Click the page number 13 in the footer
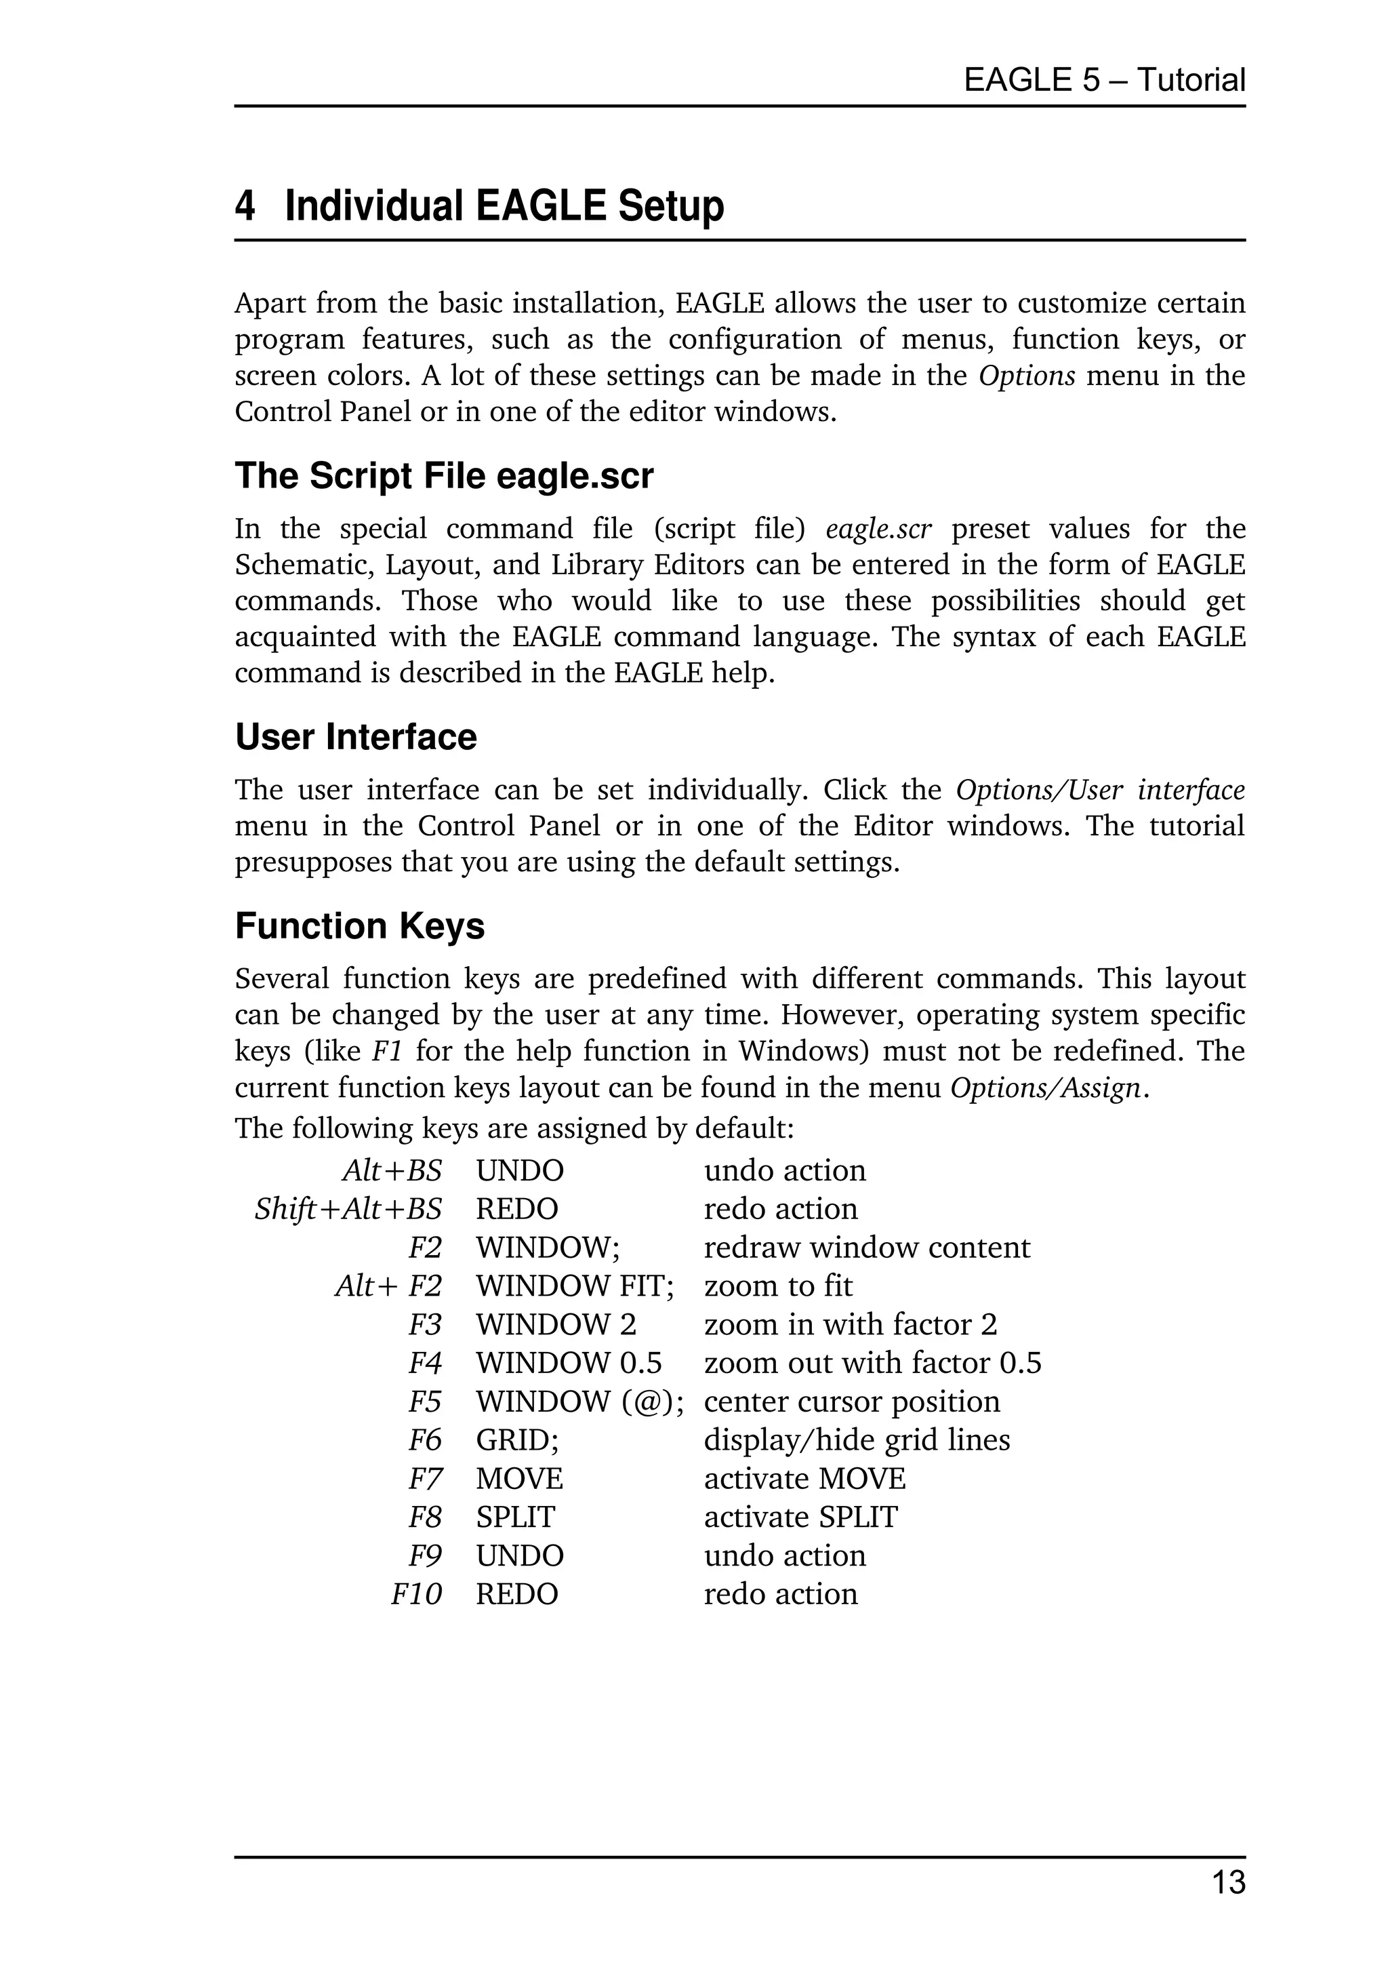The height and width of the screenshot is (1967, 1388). [x=1228, y=1883]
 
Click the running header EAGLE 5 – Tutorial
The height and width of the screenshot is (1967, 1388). [x=1104, y=81]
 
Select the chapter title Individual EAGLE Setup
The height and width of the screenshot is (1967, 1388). [x=504, y=207]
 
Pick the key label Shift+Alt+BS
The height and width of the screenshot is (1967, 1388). [x=348, y=1209]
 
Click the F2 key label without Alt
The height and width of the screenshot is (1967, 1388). [x=425, y=1248]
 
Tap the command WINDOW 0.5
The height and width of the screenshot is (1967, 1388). [x=569, y=1363]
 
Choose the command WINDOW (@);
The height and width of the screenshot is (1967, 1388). [x=579, y=1402]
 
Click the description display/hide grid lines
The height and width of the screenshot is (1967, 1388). [x=856, y=1440]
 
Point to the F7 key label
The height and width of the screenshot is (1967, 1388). [x=425, y=1479]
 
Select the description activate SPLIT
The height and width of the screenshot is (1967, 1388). [x=800, y=1517]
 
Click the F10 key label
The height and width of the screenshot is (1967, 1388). [x=416, y=1594]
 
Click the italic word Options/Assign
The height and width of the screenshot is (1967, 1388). [x=1046, y=1088]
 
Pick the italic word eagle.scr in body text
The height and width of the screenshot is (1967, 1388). [x=878, y=530]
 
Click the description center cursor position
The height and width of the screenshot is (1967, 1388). [x=851, y=1402]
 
